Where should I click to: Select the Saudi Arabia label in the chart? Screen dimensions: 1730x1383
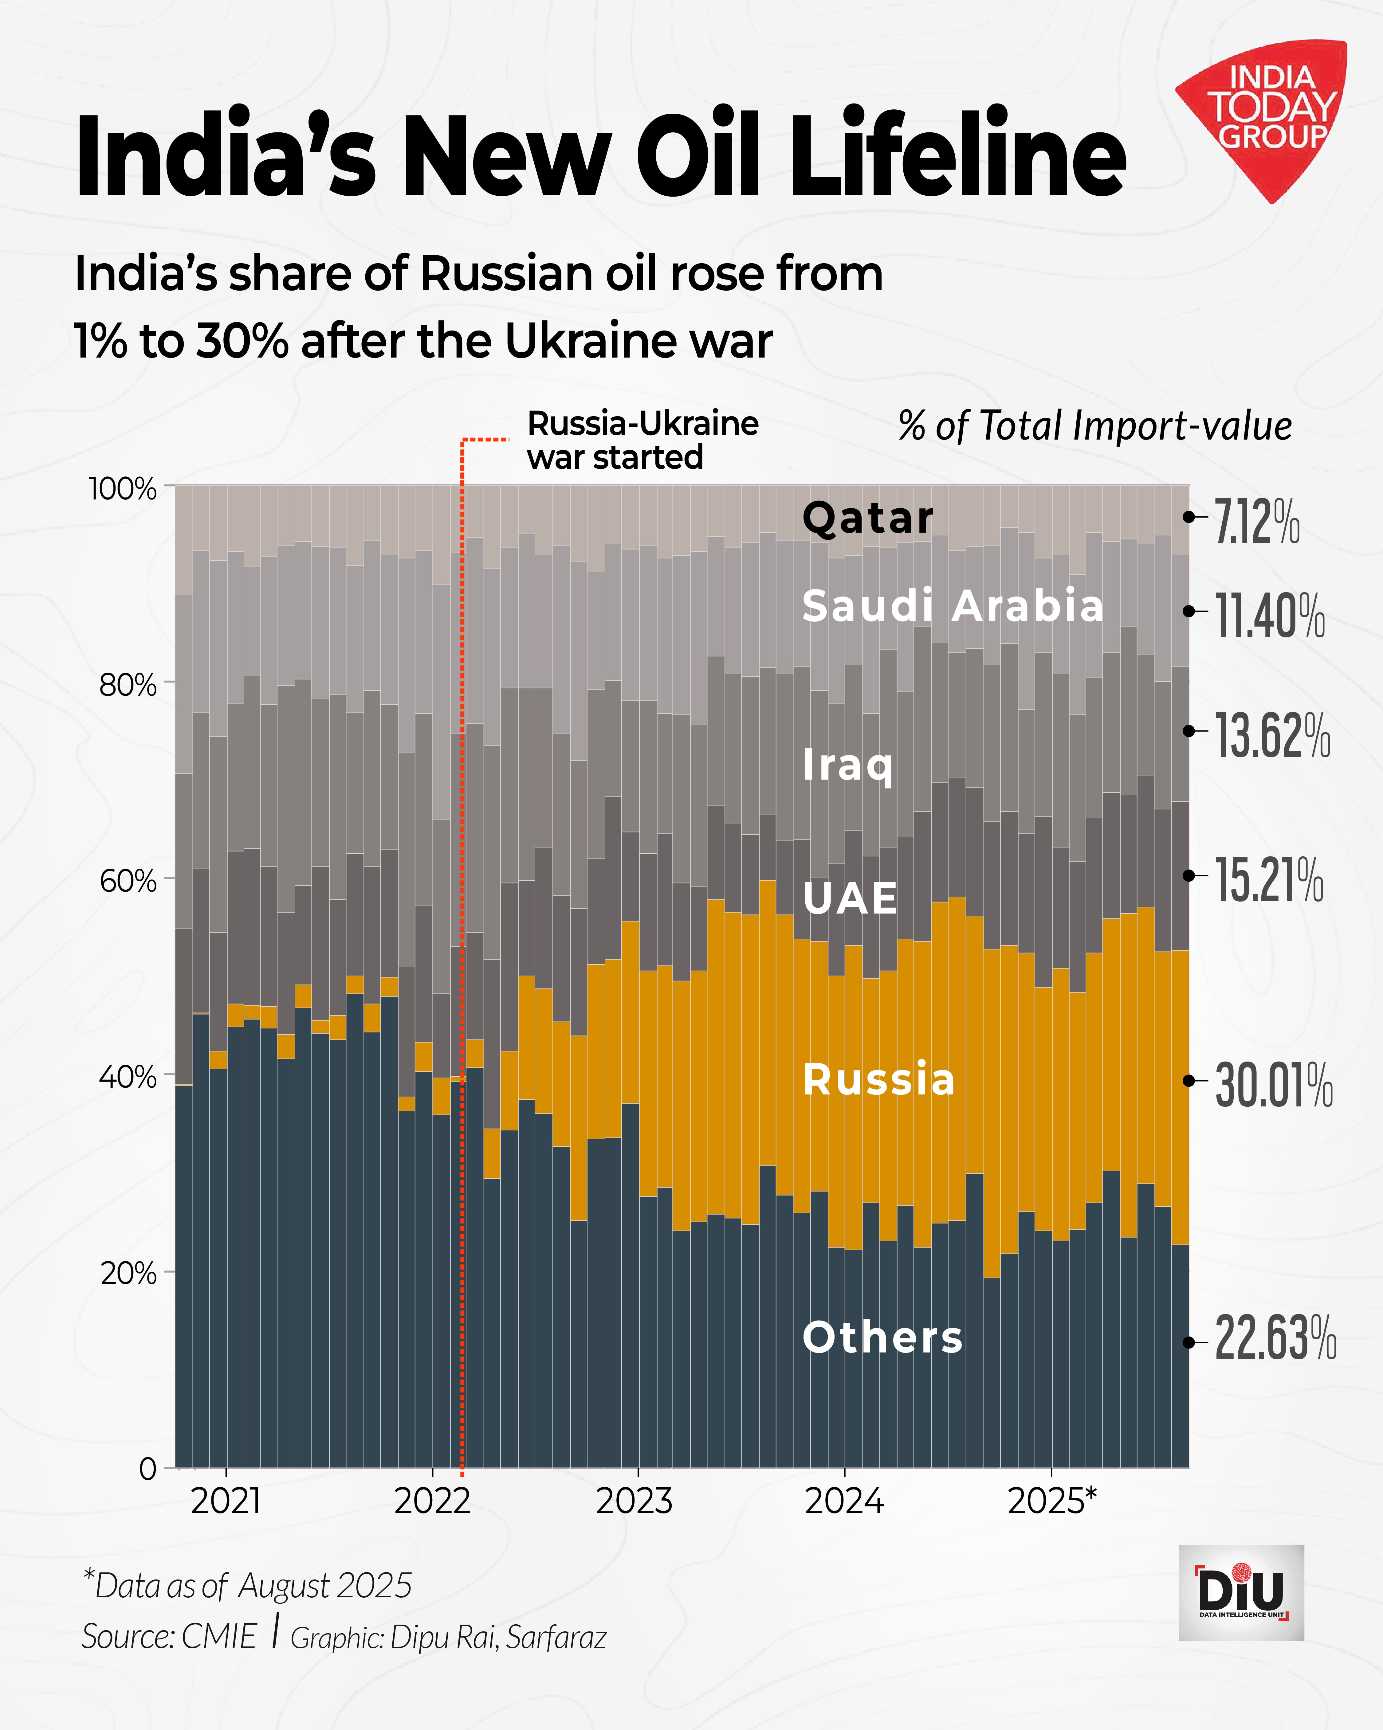(x=953, y=606)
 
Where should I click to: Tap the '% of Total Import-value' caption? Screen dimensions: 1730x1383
(x=1095, y=425)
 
